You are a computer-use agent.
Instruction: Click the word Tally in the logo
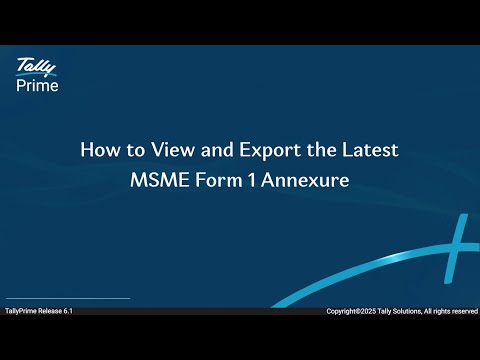click(x=35, y=67)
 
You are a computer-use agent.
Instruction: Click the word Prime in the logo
click(x=37, y=85)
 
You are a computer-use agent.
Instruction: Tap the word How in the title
click(x=98, y=150)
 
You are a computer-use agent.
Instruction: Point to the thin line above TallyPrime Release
click(x=68, y=298)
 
